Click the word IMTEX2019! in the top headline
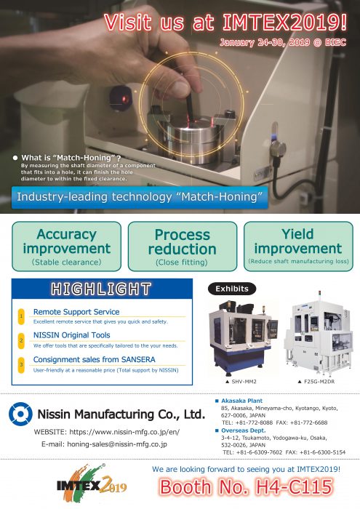click(284, 22)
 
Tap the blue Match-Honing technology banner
click(140, 197)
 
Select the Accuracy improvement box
click(67, 247)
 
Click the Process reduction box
click(183, 247)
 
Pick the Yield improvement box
click(298, 247)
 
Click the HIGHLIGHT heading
click(101, 289)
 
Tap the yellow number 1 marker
click(21, 316)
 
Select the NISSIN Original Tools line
click(72, 335)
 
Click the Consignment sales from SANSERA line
click(94, 359)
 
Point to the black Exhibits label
click(232, 289)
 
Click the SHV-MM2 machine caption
click(241, 382)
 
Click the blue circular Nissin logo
click(20, 414)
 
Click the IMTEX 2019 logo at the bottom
click(92, 484)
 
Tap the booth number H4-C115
click(246, 487)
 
